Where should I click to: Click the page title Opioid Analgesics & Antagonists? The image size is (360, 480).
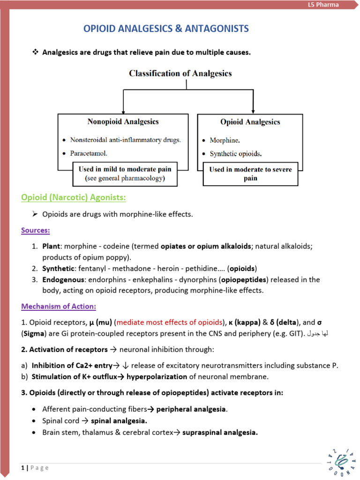(x=166, y=29)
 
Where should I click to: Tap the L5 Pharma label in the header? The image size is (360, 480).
(x=327, y=5)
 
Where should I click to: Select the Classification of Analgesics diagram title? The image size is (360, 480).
(x=180, y=73)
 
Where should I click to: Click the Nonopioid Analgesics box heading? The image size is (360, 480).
(x=123, y=121)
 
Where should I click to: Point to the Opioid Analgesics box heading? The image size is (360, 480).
(x=250, y=122)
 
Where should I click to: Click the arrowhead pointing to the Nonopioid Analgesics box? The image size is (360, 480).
(x=123, y=109)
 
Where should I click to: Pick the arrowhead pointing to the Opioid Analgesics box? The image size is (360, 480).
(x=253, y=109)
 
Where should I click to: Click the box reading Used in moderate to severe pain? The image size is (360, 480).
(x=250, y=173)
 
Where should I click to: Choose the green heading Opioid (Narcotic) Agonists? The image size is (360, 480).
(x=74, y=197)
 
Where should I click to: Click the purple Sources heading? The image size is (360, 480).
(x=36, y=230)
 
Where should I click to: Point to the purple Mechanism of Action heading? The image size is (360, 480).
(x=59, y=307)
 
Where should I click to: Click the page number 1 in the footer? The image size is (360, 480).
(x=22, y=467)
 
